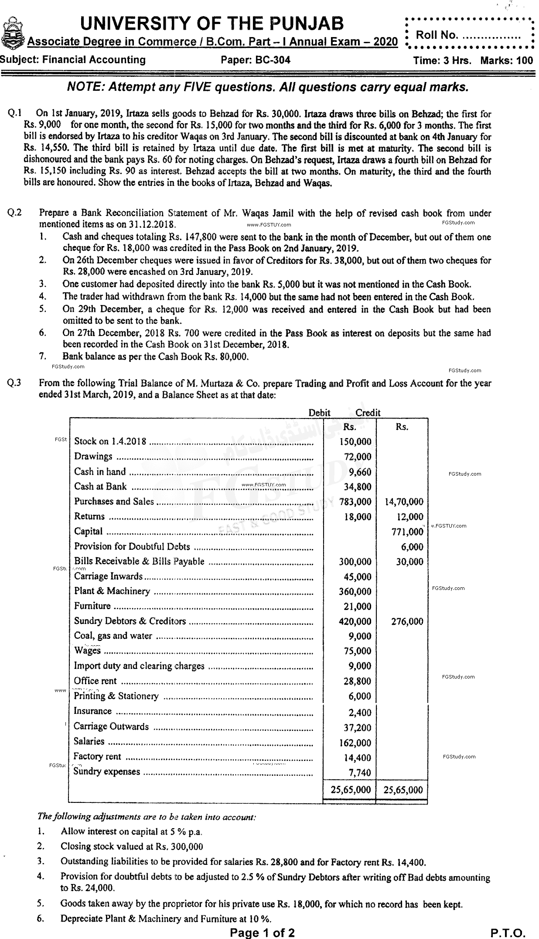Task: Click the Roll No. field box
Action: pos(469,35)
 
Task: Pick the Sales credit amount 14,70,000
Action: pos(404,502)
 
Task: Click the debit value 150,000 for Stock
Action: pos(355,442)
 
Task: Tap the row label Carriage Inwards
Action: pos(108,576)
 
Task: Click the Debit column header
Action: pos(319,412)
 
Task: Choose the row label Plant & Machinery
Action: pos(112,591)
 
